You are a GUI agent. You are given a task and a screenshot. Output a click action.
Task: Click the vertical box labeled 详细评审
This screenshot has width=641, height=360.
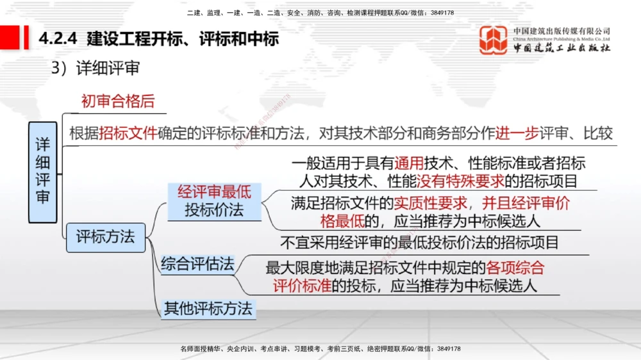click(x=42, y=172)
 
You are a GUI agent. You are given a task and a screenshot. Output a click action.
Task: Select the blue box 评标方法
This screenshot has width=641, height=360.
click(x=106, y=236)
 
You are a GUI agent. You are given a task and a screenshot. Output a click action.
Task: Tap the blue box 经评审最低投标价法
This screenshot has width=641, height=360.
click(x=214, y=200)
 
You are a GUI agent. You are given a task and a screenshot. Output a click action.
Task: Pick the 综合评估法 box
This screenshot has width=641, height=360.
click(x=197, y=264)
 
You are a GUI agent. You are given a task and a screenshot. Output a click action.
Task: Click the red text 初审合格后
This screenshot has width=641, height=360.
click(x=118, y=101)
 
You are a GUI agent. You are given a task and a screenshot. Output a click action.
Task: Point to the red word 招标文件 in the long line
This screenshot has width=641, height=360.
click(x=128, y=133)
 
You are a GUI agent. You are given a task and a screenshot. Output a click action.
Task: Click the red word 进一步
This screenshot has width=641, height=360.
click(x=517, y=133)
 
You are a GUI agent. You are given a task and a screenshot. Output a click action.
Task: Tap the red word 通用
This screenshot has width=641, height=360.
click(x=410, y=163)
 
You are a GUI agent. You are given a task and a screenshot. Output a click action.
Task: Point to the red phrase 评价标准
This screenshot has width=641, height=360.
click(x=302, y=285)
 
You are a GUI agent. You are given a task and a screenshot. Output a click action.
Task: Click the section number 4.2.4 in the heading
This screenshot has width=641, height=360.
click(x=58, y=39)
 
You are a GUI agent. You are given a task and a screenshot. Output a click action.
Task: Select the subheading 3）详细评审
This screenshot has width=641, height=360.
click(x=96, y=68)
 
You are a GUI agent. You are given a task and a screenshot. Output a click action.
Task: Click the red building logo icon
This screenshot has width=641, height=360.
click(x=494, y=40)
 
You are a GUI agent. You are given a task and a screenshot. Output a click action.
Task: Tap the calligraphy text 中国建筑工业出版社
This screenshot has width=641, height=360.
click(x=562, y=47)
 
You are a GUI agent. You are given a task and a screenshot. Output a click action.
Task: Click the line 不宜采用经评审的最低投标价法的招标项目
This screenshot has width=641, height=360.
click(x=420, y=243)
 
